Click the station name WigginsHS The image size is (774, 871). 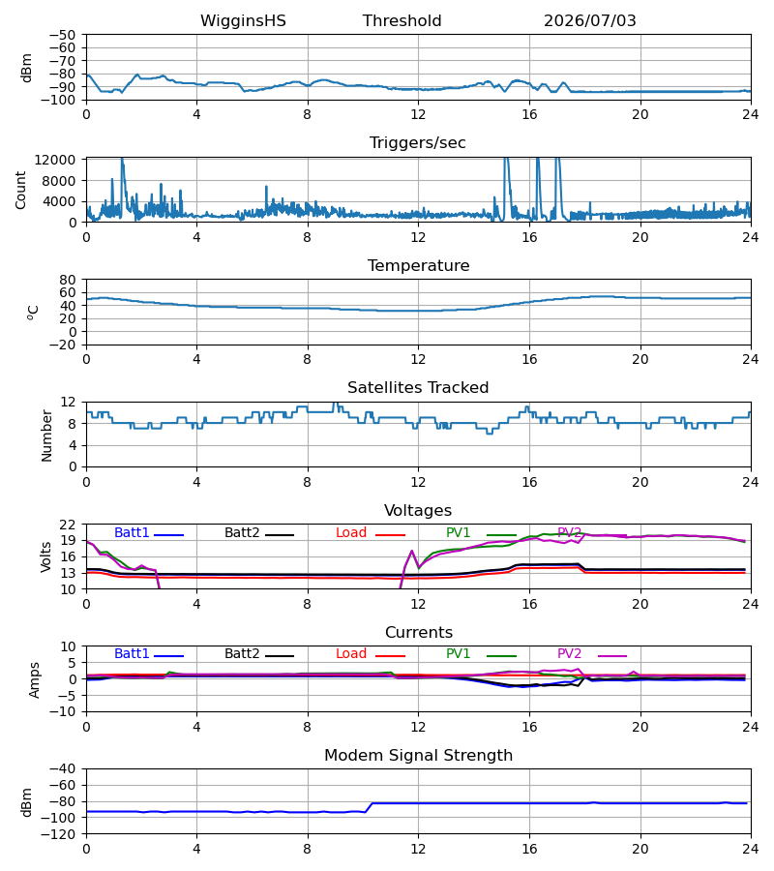[243, 20]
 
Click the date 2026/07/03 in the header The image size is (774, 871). [589, 20]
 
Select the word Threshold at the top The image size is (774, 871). [402, 20]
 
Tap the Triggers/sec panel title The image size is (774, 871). [418, 143]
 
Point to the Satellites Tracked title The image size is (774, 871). [418, 388]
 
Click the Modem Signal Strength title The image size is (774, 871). [418, 756]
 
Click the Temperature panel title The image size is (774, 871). [418, 265]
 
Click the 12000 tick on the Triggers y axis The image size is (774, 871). [55, 160]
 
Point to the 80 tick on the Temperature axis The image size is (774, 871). [68, 280]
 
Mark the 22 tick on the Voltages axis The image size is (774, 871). [68, 525]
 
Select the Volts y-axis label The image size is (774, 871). [45, 556]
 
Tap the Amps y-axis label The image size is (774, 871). [35, 679]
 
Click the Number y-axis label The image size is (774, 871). [46, 435]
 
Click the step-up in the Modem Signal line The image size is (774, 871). [370, 807]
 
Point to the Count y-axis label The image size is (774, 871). [20, 190]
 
